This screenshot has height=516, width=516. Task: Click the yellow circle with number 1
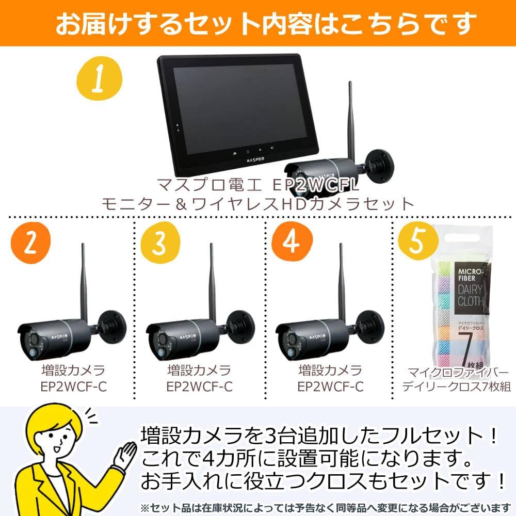pyautogui.click(x=99, y=81)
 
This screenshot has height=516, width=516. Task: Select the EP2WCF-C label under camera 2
pyautogui.click(x=73, y=386)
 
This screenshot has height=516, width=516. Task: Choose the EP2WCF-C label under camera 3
pyautogui.click(x=200, y=386)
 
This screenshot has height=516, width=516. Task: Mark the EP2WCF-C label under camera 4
pyautogui.click(x=330, y=386)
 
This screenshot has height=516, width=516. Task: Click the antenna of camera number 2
pyautogui.click(x=82, y=284)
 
